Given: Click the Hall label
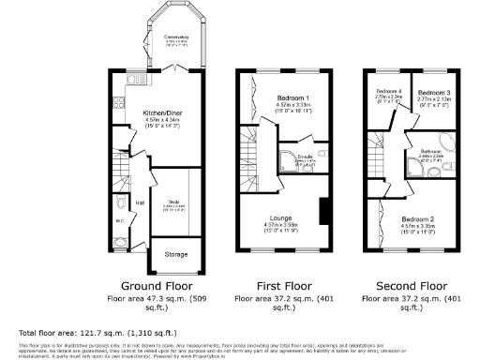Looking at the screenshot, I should click(x=139, y=201).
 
